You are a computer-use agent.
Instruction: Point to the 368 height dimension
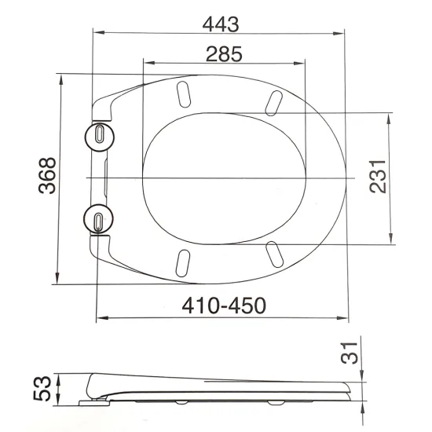(x=46, y=178)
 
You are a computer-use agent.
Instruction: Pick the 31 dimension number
(x=354, y=353)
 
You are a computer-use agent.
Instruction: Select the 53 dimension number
(x=49, y=387)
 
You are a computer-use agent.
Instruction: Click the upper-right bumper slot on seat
(x=276, y=101)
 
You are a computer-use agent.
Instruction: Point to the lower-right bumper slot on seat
(x=276, y=253)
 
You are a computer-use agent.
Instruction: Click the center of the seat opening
(x=225, y=178)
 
